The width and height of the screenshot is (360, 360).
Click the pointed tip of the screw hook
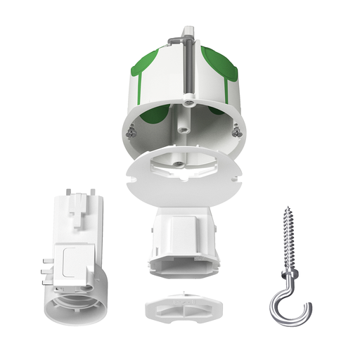coord(288,209)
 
